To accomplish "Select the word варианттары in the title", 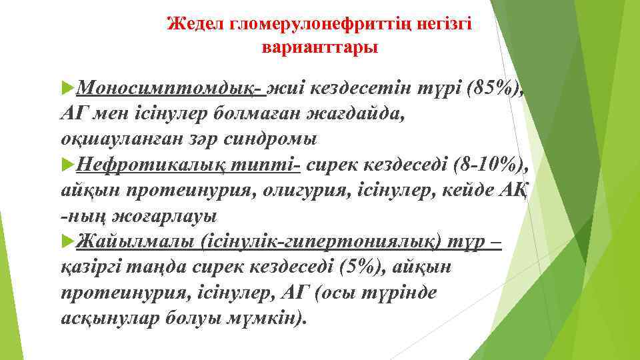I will [x=320, y=48].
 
